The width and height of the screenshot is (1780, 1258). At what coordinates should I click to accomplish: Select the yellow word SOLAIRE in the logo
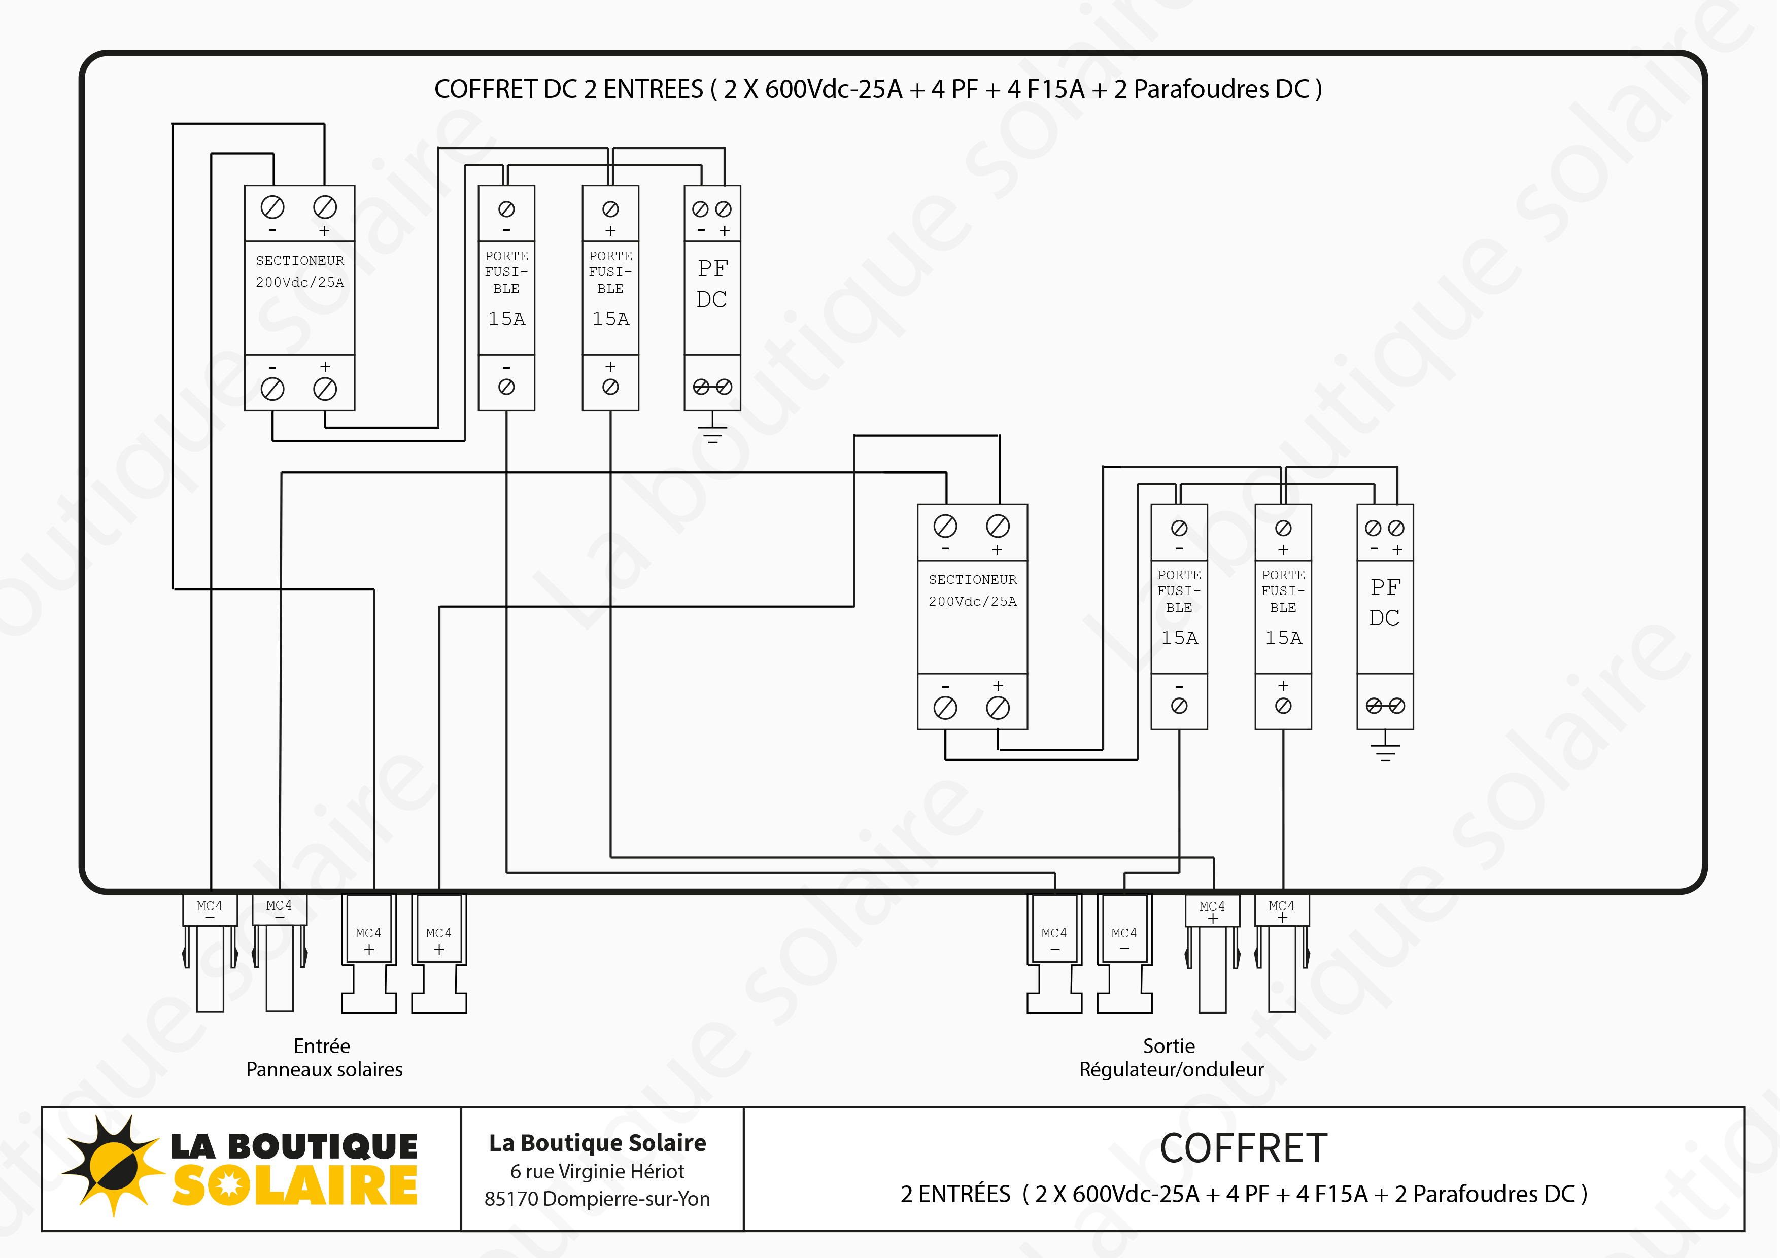coord(295,1186)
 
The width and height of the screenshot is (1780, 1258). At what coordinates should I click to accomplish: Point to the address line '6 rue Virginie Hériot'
coord(597,1171)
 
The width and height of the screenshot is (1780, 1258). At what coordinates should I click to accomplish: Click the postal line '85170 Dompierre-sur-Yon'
coord(597,1199)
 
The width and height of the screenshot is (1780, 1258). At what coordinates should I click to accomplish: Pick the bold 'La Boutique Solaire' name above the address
coord(597,1142)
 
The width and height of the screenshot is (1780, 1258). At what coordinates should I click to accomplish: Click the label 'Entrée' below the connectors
coord(322,1046)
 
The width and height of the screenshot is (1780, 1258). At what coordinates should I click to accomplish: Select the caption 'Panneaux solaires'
coord(324,1070)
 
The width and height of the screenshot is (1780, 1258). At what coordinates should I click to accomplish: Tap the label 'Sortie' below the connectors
coord(1169,1046)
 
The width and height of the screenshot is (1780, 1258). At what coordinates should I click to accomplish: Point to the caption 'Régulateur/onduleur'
coord(1171,1070)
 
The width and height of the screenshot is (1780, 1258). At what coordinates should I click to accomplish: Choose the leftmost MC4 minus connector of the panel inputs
coord(210,953)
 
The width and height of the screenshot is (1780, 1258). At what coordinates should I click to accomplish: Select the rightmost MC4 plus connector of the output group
coord(1282,953)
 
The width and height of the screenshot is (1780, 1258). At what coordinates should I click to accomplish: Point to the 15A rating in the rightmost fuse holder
coord(1283,638)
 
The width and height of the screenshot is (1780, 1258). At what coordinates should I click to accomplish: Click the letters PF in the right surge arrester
coord(1385,587)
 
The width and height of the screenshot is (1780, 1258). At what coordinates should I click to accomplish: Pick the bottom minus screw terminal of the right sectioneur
coord(945,707)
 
